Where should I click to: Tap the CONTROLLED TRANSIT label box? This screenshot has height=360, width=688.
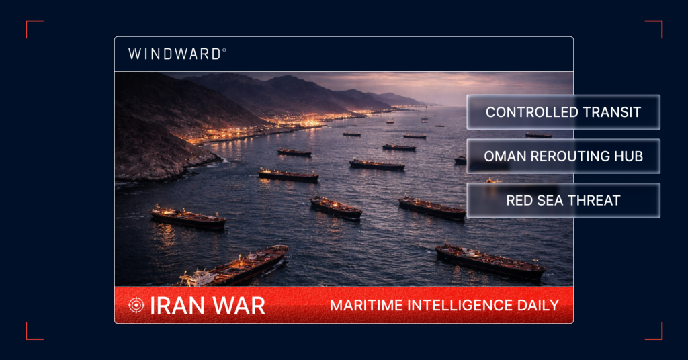(x=563, y=112)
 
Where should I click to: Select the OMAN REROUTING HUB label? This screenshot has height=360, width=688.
(x=563, y=156)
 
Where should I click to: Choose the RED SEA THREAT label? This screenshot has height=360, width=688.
(x=563, y=200)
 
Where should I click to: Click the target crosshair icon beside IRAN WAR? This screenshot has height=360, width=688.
(x=136, y=305)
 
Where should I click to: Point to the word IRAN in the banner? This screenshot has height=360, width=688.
(x=173, y=306)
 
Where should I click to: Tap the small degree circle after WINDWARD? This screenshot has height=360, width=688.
(x=224, y=50)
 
